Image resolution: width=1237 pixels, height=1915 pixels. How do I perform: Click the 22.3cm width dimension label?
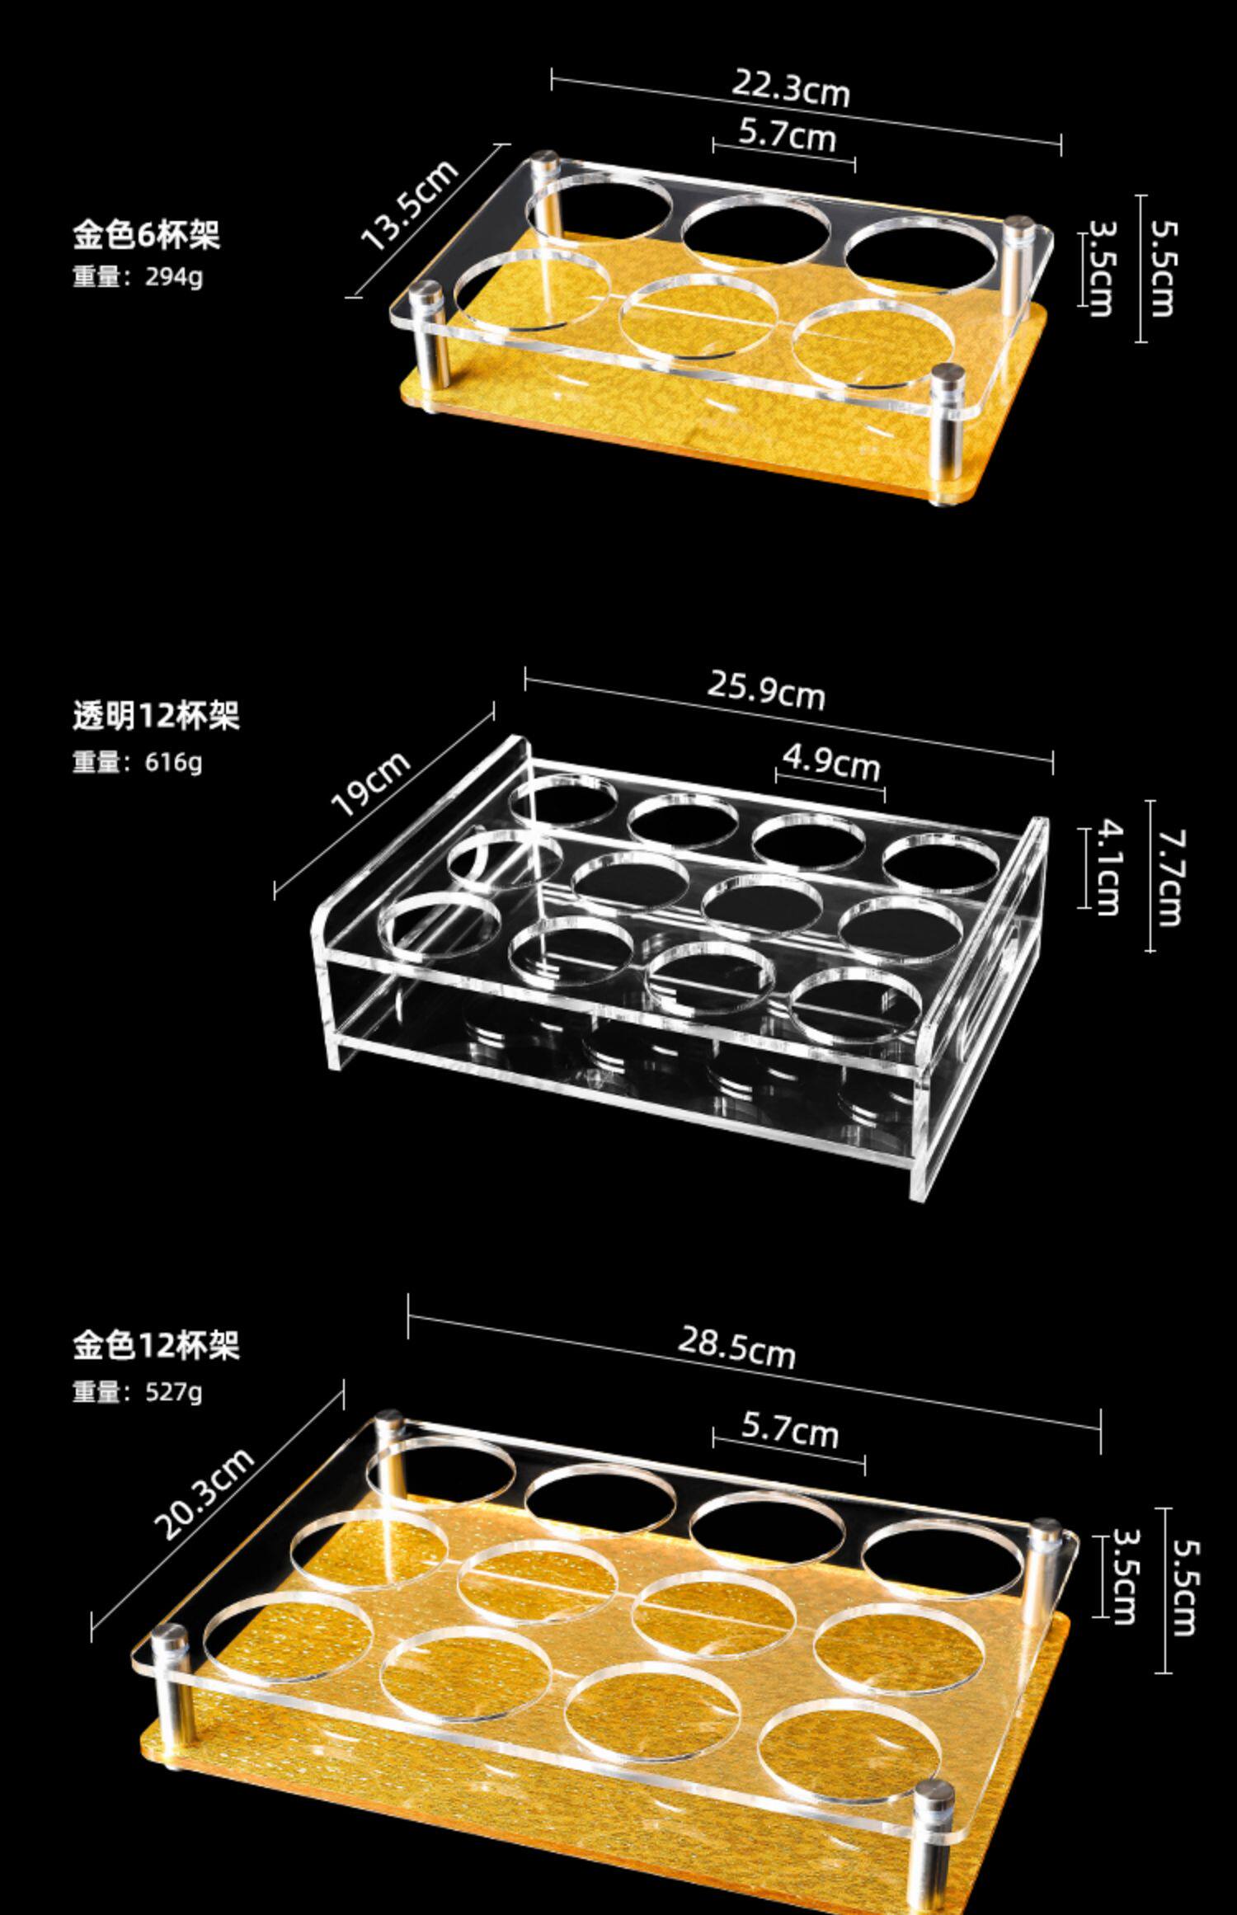point(790,89)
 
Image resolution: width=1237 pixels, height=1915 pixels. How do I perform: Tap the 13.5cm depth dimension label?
point(409,205)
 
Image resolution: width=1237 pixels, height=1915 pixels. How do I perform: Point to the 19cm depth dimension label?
point(370,783)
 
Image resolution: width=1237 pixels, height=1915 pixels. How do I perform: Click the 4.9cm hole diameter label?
point(831,762)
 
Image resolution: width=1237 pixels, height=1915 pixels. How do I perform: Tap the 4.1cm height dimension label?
point(1103,866)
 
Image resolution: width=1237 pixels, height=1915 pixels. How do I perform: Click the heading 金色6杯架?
point(146,235)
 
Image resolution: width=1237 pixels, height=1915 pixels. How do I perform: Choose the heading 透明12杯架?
point(156,715)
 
